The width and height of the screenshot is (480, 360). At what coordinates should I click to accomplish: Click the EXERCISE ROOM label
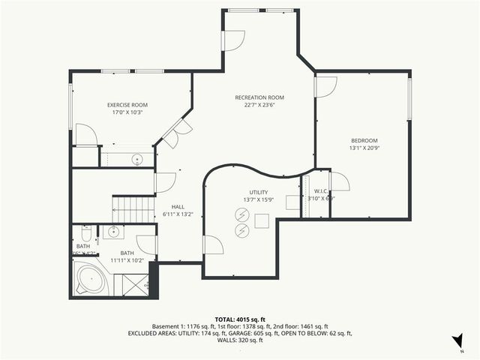coord(127,104)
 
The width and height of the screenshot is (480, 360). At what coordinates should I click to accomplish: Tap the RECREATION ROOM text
coord(259,97)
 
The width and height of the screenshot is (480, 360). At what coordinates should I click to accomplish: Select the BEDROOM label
coord(364,140)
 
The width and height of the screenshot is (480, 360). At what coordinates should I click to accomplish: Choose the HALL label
coord(178,207)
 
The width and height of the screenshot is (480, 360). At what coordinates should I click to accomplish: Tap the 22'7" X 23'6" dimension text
coord(259,106)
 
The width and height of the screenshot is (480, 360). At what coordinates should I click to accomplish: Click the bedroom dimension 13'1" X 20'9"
coord(364,148)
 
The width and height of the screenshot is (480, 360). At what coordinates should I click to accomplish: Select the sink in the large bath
coord(112,231)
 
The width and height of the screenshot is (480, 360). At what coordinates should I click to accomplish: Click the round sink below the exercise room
coord(137,159)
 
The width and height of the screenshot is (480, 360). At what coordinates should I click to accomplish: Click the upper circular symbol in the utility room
coord(242,215)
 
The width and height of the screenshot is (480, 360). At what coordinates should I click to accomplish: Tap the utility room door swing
coord(213,244)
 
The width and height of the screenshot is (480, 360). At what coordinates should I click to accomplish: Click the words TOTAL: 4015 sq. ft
coord(239,319)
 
